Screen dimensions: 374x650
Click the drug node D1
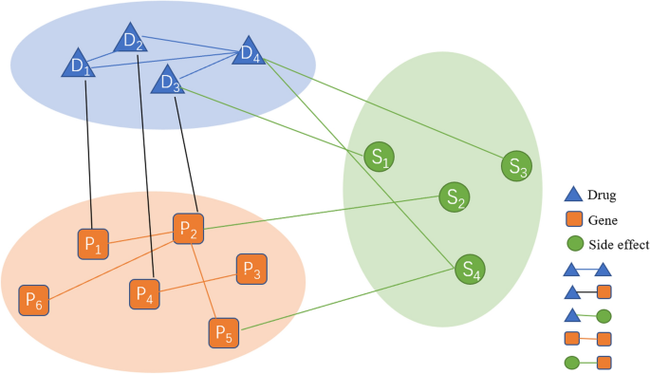coord(78,65)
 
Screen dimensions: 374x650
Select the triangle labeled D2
coord(133,41)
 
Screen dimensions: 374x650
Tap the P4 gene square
coord(145,295)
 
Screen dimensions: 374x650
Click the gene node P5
coord(224,333)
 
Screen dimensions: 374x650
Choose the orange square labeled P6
coord(34,301)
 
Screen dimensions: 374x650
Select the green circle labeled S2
coord(454,198)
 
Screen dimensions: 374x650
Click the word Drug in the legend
coord(603,196)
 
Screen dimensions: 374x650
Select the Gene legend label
coord(604,220)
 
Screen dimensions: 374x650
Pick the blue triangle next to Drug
coord(573,196)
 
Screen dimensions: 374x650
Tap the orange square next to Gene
coord(573,220)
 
